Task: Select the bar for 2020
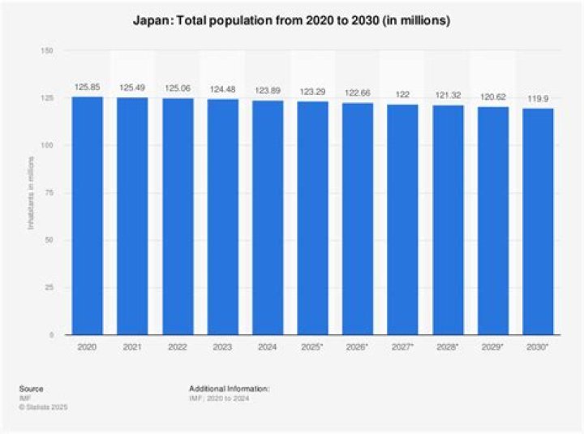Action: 87,216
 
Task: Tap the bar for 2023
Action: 222,217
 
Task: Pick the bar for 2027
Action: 403,219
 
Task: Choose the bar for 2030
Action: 539,221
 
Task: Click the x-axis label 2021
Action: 132,347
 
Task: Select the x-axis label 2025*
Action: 313,347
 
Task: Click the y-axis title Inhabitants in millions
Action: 32,193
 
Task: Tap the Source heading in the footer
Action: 32,389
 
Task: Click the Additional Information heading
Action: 229,389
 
